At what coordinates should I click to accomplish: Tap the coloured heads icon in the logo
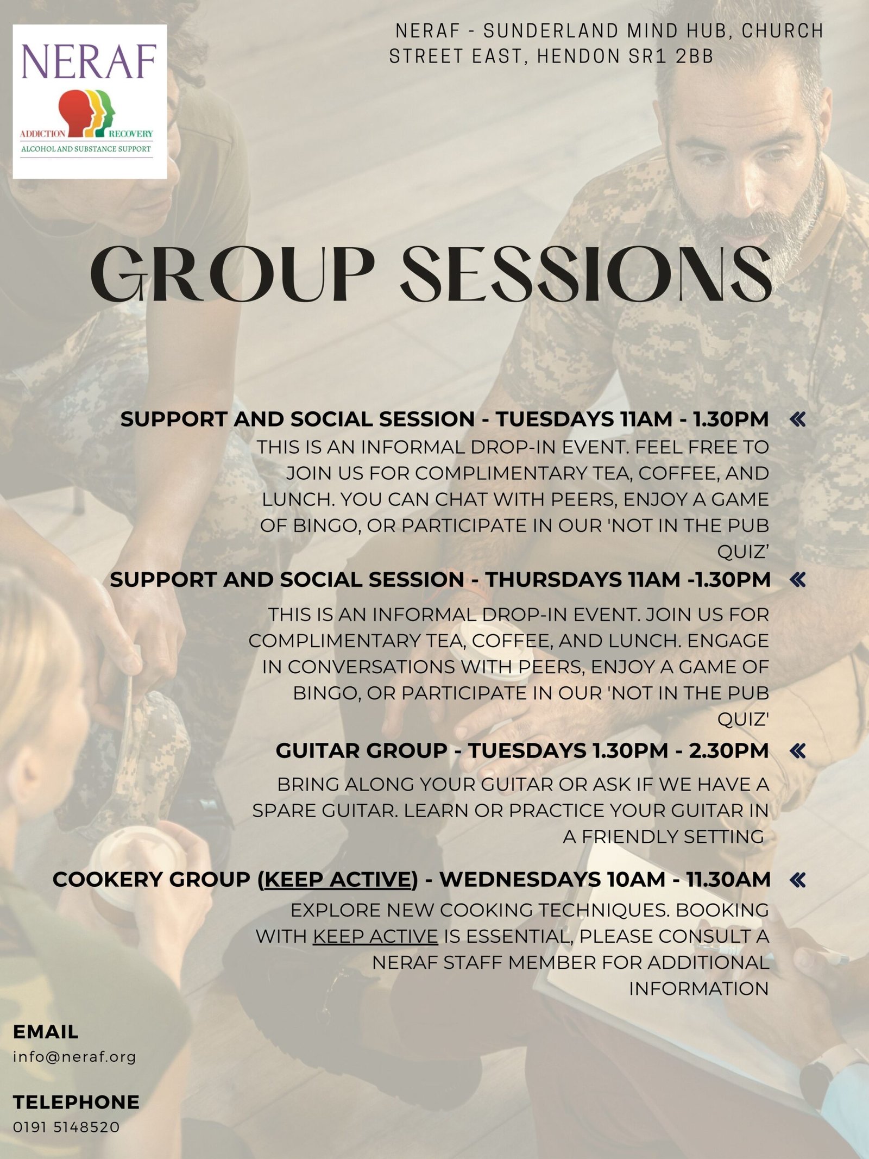pyautogui.click(x=87, y=113)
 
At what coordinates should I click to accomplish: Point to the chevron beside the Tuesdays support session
pyautogui.click(x=798, y=419)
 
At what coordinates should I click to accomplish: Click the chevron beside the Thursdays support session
pyautogui.click(x=798, y=580)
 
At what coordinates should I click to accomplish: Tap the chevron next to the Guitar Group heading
pyautogui.click(x=798, y=751)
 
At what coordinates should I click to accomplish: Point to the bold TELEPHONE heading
pyautogui.click(x=76, y=1102)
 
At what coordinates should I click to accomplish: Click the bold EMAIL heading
pyautogui.click(x=46, y=1032)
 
